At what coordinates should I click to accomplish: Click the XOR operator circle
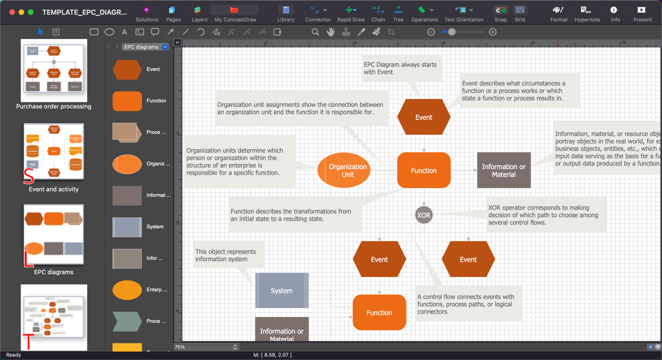tap(423, 215)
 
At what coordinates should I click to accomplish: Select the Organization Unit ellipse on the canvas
tap(344, 170)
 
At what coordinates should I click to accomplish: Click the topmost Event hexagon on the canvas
tap(423, 117)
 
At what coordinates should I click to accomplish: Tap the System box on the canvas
tap(282, 291)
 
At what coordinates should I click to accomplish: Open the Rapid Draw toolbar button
tap(351, 13)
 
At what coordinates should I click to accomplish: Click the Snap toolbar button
tap(500, 13)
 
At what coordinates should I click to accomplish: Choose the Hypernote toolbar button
tap(587, 13)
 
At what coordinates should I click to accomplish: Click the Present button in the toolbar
tap(642, 13)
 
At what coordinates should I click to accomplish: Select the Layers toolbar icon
tap(199, 13)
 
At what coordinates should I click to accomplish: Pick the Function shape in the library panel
tap(127, 101)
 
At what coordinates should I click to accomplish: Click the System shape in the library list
tap(127, 227)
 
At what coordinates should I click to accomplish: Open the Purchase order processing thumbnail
tap(54, 71)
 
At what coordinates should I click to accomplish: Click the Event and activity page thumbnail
tap(54, 152)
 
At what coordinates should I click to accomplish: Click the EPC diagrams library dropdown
tap(145, 47)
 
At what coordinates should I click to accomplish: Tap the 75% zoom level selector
tap(206, 347)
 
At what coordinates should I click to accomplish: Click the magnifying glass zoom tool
tap(315, 32)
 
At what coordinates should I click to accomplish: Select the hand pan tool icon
tap(330, 32)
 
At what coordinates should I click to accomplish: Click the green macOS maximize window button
tap(31, 13)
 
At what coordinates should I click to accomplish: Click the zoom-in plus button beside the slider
tap(492, 32)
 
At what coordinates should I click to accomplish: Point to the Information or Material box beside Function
tap(504, 170)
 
